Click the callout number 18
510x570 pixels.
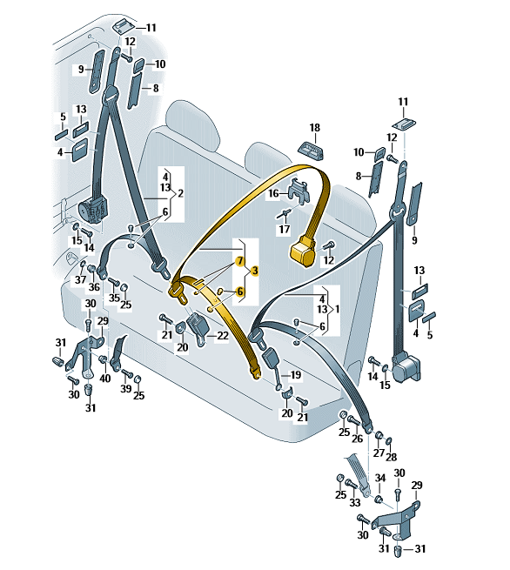coord(315,128)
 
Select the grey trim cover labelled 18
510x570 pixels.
coord(312,150)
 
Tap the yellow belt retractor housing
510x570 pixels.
coord(303,251)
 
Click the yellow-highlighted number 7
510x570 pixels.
coord(240,261)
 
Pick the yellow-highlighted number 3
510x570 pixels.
coord(255,271)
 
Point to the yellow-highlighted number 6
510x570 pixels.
coord(240,292)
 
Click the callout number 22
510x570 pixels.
coord(223,335)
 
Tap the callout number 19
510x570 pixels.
coord(296,375)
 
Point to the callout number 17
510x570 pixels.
coord(285,229)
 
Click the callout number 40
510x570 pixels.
coord(105,378)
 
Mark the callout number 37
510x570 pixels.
coord(80,279)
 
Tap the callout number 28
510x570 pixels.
coord(391,457)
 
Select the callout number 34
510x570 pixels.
coord(380,478)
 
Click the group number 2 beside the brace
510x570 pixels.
coord(180,193)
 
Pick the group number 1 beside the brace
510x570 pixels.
coord(338,309)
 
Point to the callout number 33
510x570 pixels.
coord(354,502)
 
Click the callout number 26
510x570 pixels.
coord(358,439)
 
